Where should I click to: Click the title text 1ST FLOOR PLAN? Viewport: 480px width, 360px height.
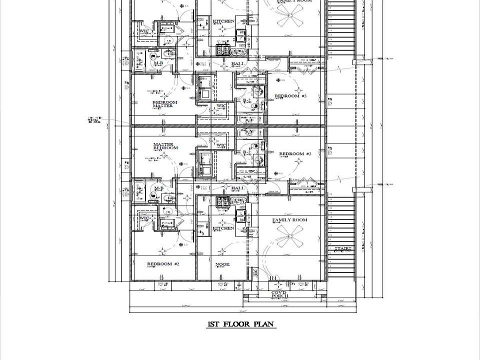(241, 324)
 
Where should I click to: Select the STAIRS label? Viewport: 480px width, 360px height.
(342, 248)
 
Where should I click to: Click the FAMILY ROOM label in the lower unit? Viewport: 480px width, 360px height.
(289, 220)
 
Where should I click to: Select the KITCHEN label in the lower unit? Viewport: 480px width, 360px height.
(223, 228)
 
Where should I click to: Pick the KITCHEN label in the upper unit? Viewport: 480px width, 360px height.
(223, 21)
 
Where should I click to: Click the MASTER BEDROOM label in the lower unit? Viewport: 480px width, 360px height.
(165, 146)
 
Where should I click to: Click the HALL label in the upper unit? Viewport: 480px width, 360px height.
(237, 64)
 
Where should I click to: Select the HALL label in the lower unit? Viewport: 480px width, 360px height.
(237, 188)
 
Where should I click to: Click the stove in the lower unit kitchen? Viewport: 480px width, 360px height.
(222, 201)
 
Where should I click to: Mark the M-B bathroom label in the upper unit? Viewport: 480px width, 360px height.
(158, 63)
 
